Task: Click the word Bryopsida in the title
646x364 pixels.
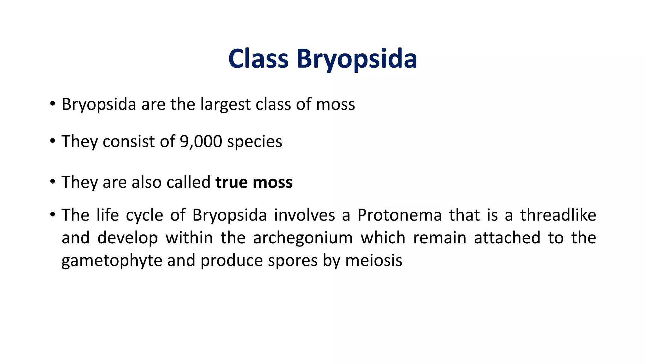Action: (356, 59)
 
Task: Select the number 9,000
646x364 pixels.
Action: (201, 141)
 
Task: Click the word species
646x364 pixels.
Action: (254, 142)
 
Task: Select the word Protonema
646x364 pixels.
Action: (399, 215)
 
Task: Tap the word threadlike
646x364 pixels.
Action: (558, 215)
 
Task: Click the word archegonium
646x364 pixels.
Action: (302, 238)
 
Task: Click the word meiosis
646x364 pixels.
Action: (373, 261)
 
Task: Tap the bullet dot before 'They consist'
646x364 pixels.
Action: (52, 141)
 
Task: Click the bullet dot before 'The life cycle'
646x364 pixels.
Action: (52, 215)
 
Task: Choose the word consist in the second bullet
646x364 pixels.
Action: (128, 141)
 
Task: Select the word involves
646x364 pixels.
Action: (304, 215)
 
